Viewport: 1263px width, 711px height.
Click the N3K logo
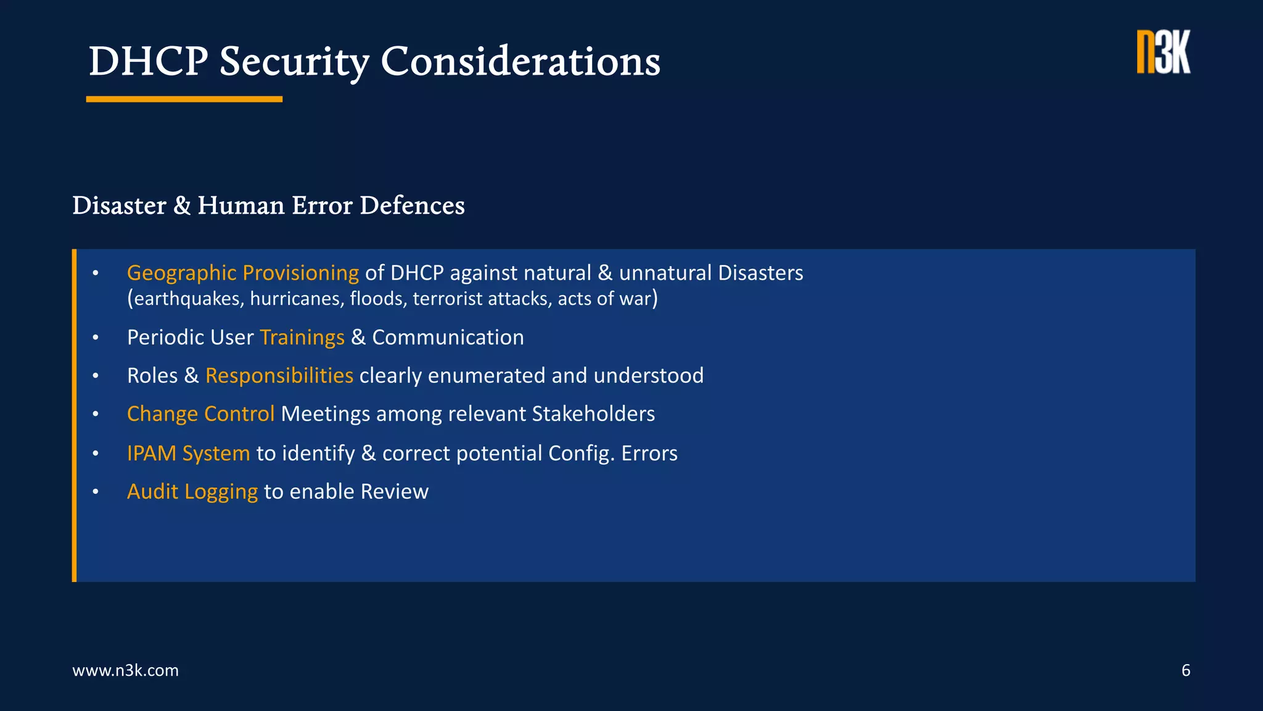1163,52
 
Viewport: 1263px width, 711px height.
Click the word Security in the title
294,62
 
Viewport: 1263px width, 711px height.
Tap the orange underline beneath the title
184,99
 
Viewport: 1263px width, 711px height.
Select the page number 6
1185,670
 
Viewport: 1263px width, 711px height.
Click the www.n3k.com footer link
125,670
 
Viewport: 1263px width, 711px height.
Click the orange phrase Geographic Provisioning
242,273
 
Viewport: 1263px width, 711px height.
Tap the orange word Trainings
302,338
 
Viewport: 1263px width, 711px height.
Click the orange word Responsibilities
279,376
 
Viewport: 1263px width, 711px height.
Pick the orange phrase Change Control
200,414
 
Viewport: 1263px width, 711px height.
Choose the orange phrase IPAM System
188,454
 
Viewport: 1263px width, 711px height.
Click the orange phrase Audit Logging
192,492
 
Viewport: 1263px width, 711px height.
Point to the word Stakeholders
593,414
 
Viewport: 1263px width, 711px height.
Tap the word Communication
448,338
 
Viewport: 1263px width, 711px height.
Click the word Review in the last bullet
394,492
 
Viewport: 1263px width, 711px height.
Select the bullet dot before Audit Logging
96,492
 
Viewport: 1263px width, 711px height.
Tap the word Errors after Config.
649,454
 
